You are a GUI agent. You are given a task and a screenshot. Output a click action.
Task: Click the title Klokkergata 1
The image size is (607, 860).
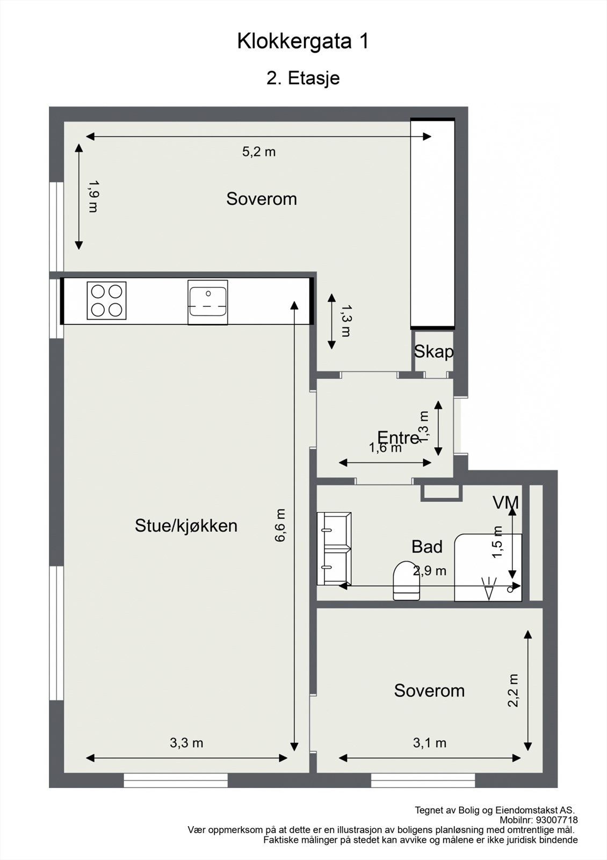(303, 41)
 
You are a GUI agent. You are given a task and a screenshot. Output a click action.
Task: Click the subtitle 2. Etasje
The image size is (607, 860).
(303, 78)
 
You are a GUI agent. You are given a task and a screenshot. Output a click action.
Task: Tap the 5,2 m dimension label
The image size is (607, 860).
(258, 152)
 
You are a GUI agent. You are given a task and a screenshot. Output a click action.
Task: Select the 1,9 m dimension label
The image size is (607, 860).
(93, 196)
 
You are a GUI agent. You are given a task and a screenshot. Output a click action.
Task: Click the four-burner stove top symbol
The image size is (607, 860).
(106, 300)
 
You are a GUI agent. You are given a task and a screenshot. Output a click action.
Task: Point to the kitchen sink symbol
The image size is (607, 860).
(207, 302)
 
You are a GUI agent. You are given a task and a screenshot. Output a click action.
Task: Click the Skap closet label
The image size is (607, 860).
(433, 352)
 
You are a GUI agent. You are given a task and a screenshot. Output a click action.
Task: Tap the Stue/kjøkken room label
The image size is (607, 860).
(186, 526)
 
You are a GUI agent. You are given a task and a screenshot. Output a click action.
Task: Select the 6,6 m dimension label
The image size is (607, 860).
(280, 525)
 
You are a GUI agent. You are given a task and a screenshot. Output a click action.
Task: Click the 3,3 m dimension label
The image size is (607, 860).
(186, 743)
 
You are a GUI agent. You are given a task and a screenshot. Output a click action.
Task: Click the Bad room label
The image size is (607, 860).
(427, 547)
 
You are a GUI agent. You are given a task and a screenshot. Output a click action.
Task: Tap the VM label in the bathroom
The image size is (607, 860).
(505, 503)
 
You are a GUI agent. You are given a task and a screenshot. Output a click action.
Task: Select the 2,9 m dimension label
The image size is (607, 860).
(429, 571)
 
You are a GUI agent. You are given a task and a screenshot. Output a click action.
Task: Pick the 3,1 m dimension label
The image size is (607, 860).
(429, 743)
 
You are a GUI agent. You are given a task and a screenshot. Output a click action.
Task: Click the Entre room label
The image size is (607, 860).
(398, 437)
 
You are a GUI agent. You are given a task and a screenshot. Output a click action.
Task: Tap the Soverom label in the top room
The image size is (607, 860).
(262, 199)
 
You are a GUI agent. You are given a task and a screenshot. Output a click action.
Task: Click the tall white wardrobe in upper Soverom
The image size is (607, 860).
(432, 223)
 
